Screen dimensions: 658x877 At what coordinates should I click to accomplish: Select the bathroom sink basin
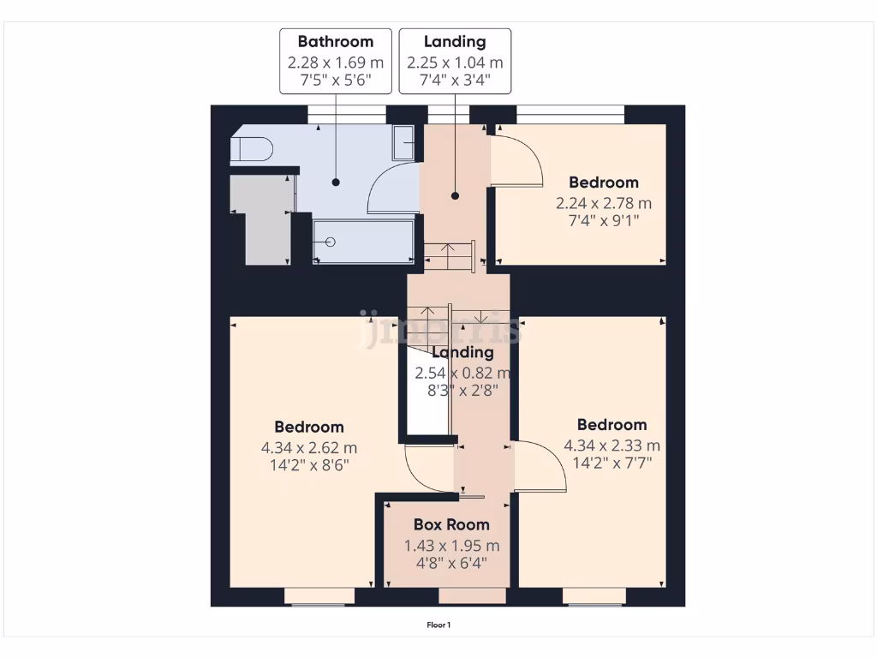pos(405,141)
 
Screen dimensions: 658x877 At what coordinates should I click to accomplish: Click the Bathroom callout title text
pos(336,41)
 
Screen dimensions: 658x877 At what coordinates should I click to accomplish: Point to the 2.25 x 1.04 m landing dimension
pos(455,63)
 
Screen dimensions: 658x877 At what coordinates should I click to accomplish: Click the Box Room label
pos(451,524)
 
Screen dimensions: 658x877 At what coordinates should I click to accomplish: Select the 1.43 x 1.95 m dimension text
pos(451,546)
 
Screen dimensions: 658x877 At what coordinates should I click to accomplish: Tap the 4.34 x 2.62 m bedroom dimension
pos(309,447)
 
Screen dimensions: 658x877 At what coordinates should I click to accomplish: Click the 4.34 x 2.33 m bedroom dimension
pos(612,446)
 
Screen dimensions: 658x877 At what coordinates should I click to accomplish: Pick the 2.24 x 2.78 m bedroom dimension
pos(604,203)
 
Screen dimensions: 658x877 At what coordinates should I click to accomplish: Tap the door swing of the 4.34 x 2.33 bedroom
pos(540,466)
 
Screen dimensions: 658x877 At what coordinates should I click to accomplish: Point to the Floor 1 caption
pos(438,625)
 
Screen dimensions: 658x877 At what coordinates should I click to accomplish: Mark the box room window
pos(472,595)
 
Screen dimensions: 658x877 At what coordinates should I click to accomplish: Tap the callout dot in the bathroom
pos(336,182)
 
